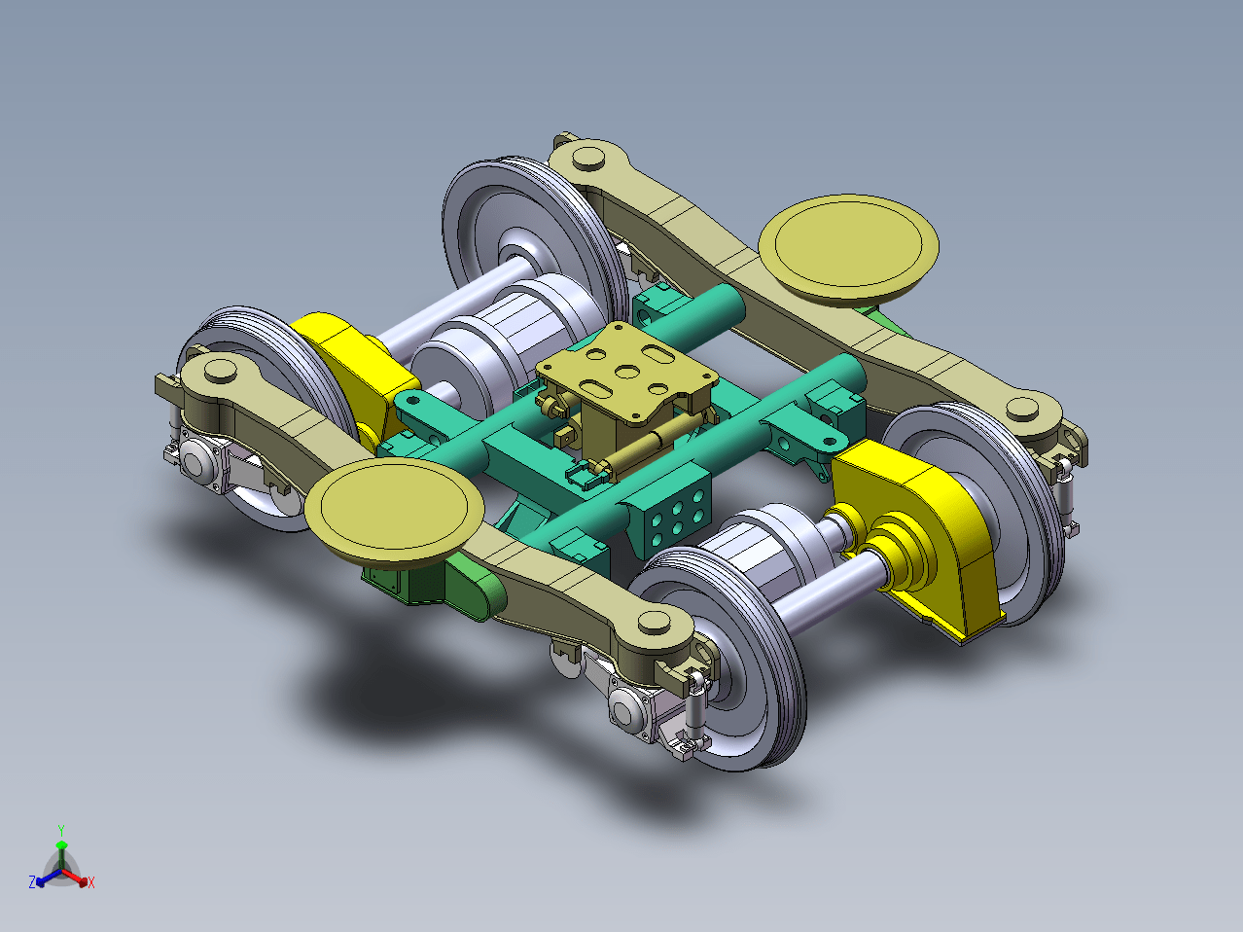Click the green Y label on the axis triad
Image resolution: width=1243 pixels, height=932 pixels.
61,830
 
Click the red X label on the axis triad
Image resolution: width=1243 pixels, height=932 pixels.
91,882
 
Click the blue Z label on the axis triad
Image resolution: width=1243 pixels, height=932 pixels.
32,881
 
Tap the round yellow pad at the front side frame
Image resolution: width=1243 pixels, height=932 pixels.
394,510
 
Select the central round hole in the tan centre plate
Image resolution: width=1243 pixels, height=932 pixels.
627,372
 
